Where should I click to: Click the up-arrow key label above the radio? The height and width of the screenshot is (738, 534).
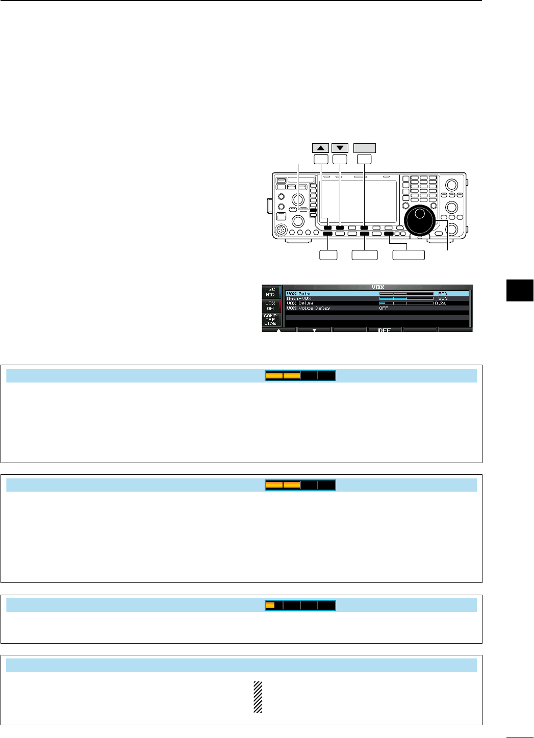pyautogui.click(x=320, y=148)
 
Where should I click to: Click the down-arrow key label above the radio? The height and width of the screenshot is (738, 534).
pyautogui.click(x=340, y=148)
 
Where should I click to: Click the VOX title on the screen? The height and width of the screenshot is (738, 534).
pyautogui.click(x=378, y=288)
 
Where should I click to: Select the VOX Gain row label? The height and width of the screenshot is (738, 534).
pyautogui.click(x=298, y=294)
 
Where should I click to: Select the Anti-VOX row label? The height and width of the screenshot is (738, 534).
pyautogui.click(x=298, y=298)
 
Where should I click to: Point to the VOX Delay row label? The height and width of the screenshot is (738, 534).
pyautogui.click(x=300, y=303)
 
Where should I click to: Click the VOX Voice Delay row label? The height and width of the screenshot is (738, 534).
pyautogui.click(x=308, y=308)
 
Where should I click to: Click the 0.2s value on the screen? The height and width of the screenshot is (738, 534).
pyautogui.click(x=440, y=303)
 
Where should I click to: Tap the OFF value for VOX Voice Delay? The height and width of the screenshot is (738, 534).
pyautogui.click(x=384, y=308)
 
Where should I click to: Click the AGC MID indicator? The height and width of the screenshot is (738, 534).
pyautogui.click(x=270, y=292)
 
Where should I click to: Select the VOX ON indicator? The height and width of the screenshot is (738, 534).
pyautogui.click(x=270, y=306)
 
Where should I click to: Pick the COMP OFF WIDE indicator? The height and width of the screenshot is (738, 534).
pyautogui.click(x=270, y=319)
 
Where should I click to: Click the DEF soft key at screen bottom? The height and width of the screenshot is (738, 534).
pyautogui.click(x=384, y=330)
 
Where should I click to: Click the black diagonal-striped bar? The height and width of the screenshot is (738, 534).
pyautogui.click(x=258, y=697)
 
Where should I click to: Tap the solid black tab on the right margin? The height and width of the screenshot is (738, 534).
pyautogui.click(x=520, y=290)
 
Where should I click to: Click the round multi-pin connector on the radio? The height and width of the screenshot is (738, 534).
pyautogui.click(x=281, y=231)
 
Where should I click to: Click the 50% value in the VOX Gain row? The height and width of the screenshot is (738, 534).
pyautogui.click(x=443, y=294)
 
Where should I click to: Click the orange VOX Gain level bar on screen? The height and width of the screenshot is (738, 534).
pyautogui.click(x=393, y=294)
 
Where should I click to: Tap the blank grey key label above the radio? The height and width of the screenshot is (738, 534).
pyautogui.click(x=364, y=148)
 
